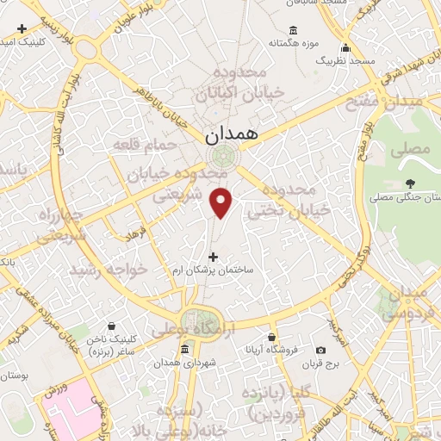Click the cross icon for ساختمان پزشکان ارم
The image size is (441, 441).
click(214, 256)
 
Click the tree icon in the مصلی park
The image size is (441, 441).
click(410, 182)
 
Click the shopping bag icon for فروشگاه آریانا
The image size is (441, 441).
click(272, 337)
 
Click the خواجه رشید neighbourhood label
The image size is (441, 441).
click(109, 270)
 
